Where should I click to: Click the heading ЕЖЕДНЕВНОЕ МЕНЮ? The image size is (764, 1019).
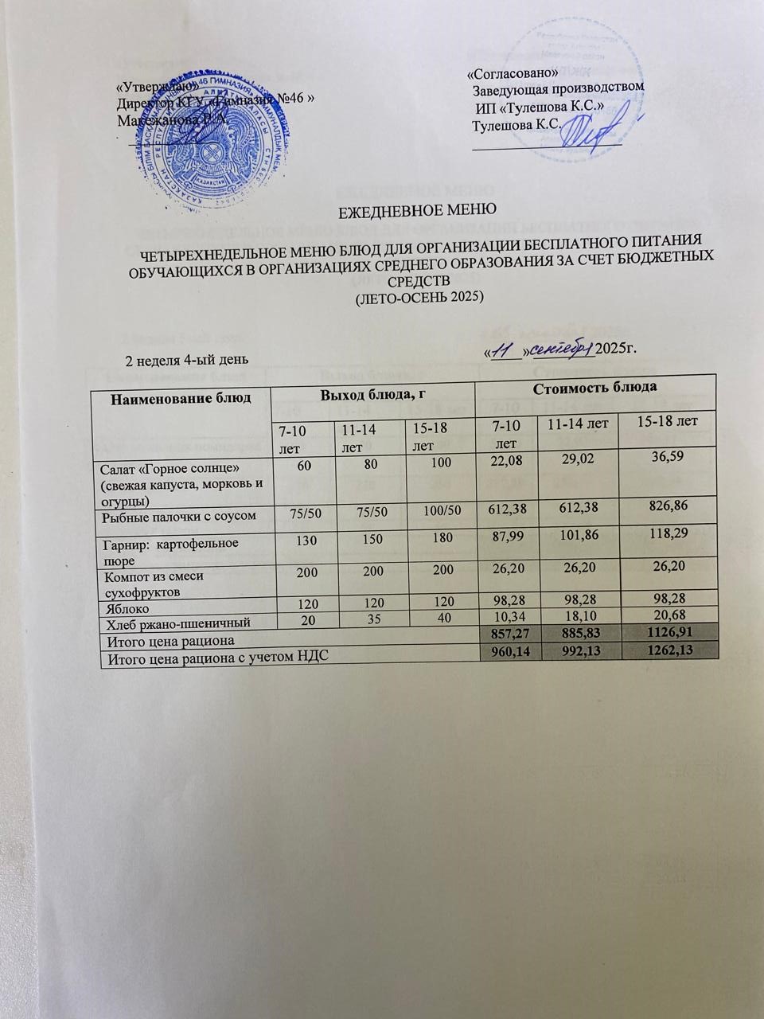[413, 212]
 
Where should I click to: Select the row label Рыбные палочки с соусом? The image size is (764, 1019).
[179, 517]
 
